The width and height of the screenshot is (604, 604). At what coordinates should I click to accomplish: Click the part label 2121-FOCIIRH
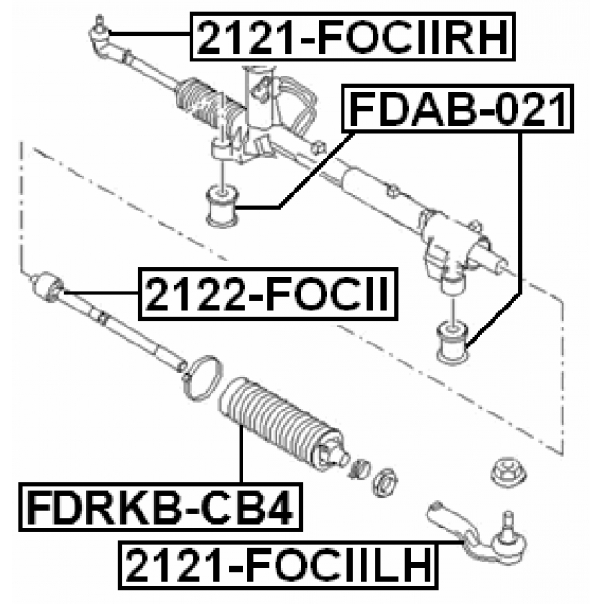pos(355,38)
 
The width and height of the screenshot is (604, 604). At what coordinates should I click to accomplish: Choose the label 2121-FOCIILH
pos(278,566)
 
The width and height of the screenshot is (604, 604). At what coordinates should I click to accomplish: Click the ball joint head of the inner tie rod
pos(47,284)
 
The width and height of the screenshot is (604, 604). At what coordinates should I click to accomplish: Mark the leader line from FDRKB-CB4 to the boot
pos(242,458)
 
